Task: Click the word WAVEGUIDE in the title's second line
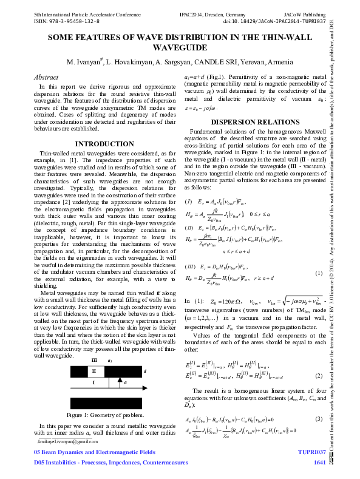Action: (180, 47)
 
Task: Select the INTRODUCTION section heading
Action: (100, 143)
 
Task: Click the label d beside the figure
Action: (144, 370)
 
